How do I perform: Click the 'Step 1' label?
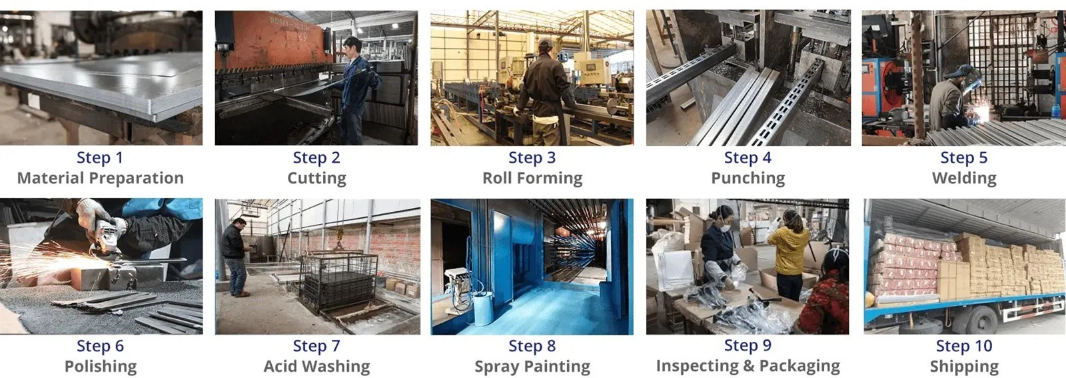pos(100,157)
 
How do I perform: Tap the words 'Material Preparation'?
pos(101,178)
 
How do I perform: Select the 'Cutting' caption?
pos(317,179)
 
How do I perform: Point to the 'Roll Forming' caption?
pos(532,179)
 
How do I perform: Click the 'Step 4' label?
pos(748,157)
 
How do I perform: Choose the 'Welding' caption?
pos(964,179)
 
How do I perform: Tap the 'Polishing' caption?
pos(101,367)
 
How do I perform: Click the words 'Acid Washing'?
pos(317,367)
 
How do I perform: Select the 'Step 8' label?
pos(532,346)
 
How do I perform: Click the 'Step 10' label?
pos(964,346)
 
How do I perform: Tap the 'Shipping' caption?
pos(964,367)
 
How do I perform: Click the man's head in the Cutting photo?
pos(351,46)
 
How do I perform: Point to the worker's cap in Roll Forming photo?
pos(546,43)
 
